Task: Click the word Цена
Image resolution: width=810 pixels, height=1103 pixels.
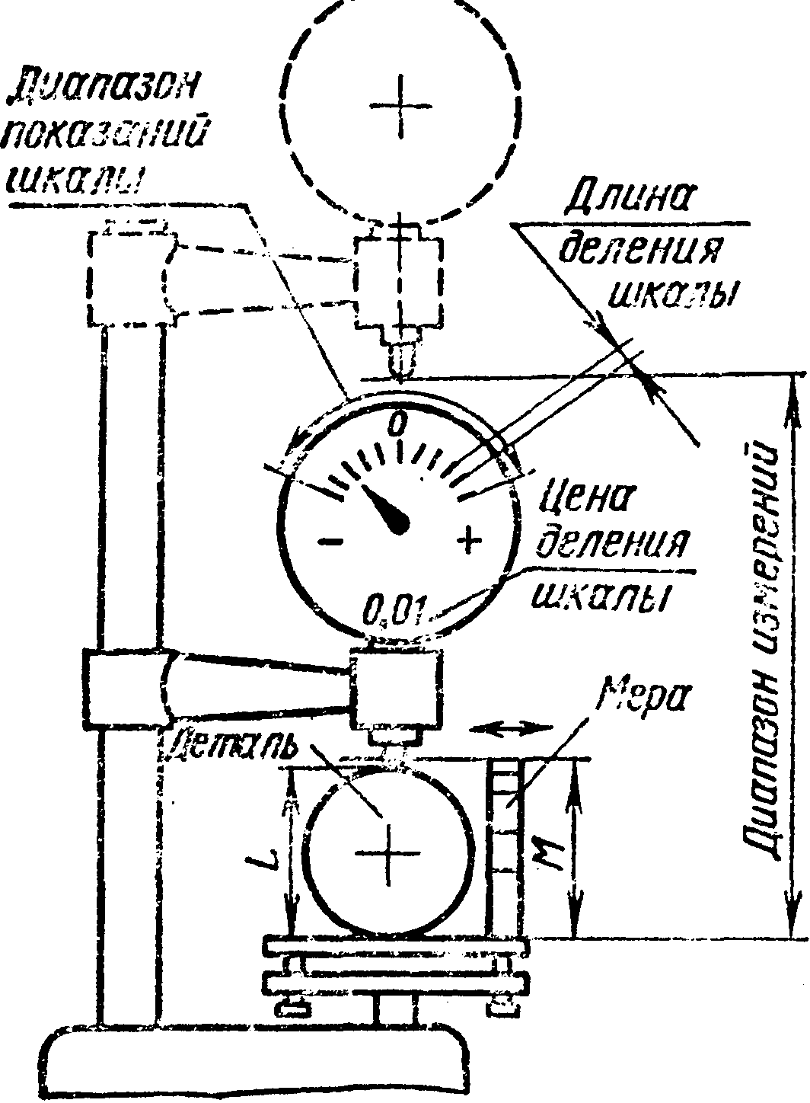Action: (x=587, y=503)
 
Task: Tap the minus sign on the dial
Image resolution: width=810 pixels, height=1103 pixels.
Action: (x=330, y=541)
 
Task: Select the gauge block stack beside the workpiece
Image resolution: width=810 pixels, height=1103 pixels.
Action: (x=503, y=846)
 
